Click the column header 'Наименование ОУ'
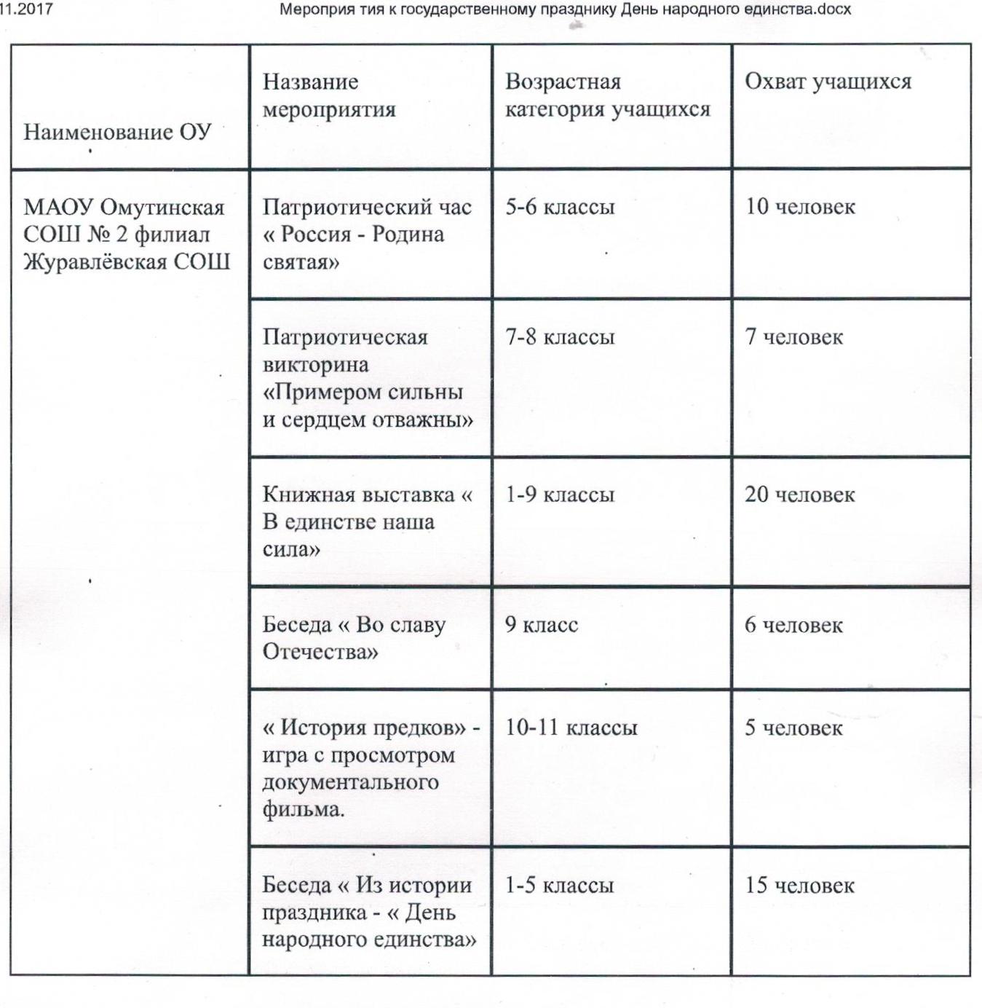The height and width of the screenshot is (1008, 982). [118, 132]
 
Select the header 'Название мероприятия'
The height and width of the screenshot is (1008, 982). [329, 95]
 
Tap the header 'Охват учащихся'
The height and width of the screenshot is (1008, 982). [828, 82]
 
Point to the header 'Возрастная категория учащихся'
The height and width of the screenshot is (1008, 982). [607, 95]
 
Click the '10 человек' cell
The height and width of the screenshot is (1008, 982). [799, 207]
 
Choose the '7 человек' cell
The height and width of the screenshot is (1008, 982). [793, 337]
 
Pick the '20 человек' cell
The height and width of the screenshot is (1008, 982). [799, 495]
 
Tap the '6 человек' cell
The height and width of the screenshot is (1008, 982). [793, 625]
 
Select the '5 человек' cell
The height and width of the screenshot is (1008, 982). [793, 728]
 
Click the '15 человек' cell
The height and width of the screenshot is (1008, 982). [799, 886]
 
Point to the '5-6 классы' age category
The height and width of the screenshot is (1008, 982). [560, 207]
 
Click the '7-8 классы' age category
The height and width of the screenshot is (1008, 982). [560, 337]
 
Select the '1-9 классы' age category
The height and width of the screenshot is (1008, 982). [560, 495]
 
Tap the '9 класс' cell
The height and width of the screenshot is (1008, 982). [542, 625]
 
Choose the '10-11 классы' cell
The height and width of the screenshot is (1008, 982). [571, 728]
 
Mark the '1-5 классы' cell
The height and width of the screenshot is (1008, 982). [560, 886]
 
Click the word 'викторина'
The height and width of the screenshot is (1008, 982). [315, 365]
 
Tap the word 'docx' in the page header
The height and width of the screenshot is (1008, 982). [835, 9]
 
